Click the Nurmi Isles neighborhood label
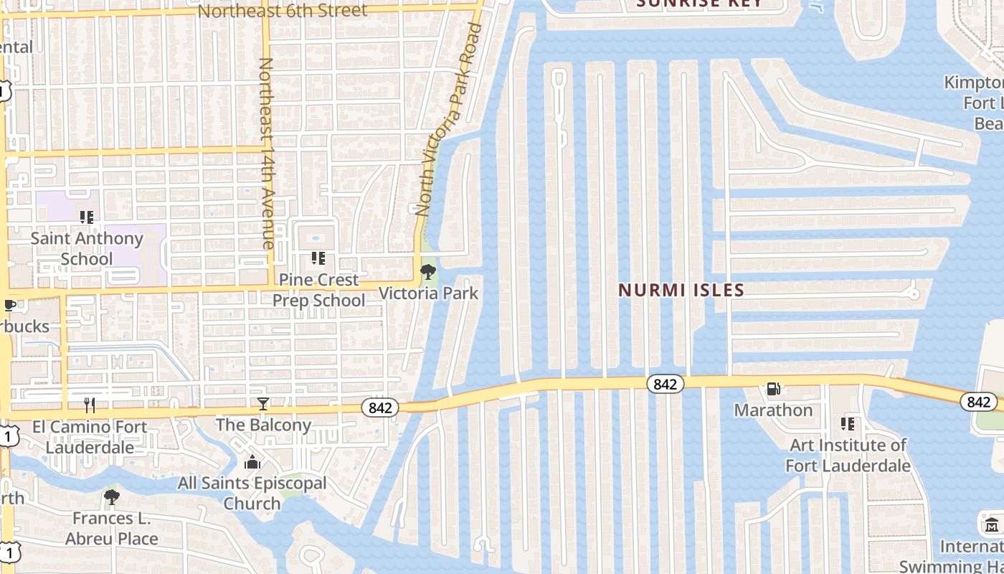pyautogui.click(x=681, y=290)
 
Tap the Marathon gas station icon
pyautogui.click(x=773, y=389)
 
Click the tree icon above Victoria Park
pyautogui.click(x=428, y=272)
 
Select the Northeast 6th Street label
pyautogui.click(x=282, y=11)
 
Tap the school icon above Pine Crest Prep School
pyautogui.click(x=318, y=258)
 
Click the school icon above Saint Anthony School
pyautogui.click(x=87, y=217)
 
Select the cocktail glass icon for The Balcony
pyautogui.click(x=263, y=404)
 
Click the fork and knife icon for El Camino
pyautogui.click(x=90, y=405)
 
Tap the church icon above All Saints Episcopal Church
pyautogui.click(x=252, y=463)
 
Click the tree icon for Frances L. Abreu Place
pyautogui.click(x=111, y=497)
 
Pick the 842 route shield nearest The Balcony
pyautogui.click(x=380, y=408)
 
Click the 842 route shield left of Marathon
pyautogui.click(x=665, y=384)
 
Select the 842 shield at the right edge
pyautogui.click(x=978, y=402)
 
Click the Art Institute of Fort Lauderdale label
pyautogui.click(x=848, y=455)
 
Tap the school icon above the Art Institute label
pyautogui.click(x=848, y=424)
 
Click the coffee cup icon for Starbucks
pyautogui.click(x=10, y=306)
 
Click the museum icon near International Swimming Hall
pyautogui.click(x=992, y=524)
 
